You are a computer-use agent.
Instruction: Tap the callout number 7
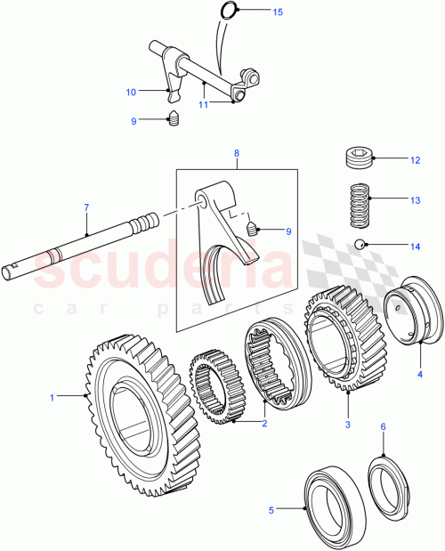86,207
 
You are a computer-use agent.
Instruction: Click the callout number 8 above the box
237,153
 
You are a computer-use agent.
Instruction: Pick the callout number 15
277,12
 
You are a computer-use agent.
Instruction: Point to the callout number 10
131,92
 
